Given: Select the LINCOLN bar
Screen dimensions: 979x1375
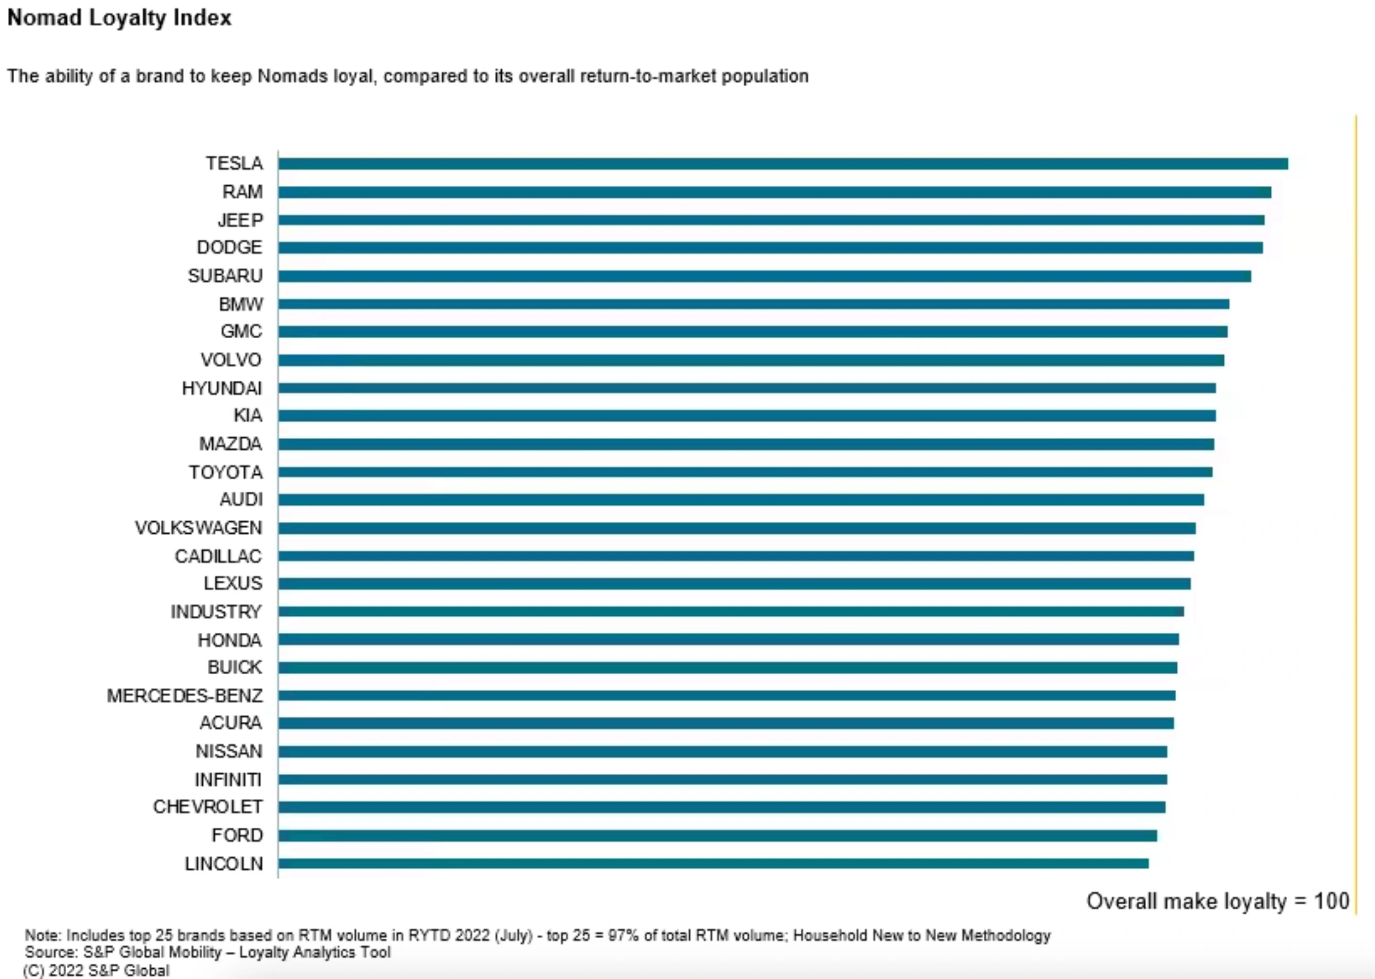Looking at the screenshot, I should click(713, 863).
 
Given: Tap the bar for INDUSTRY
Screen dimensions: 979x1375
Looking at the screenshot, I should click(731, 611).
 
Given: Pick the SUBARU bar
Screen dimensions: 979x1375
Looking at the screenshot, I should click(764, 276).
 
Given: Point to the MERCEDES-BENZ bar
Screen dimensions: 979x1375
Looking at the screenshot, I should click(726, 696).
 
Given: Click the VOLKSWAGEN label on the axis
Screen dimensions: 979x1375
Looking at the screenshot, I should click(198, 528).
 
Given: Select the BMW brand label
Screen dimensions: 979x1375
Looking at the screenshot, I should click(241, 304).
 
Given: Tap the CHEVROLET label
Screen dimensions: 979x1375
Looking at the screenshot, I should click(207, 807).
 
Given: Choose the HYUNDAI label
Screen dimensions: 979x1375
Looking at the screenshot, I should click(222, 388).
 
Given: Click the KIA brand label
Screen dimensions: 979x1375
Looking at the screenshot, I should click(247, 416).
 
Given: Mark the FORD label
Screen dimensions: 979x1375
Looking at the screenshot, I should click(237, 836).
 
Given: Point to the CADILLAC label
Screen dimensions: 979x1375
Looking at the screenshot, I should click(218, 556).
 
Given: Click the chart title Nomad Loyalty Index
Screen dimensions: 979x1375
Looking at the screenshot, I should click(119, 18).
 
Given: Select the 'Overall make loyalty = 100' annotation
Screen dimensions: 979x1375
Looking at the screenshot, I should click(1217, 901).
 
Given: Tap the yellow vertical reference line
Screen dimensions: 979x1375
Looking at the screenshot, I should click(1356, 512).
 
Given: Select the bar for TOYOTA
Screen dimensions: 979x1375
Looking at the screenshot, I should click(745, 472).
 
